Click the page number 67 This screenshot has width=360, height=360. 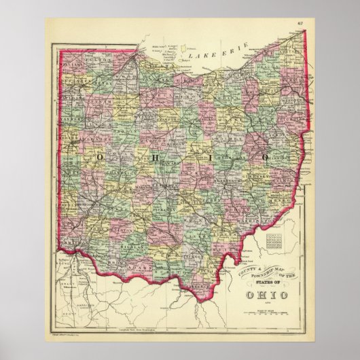(300, 25)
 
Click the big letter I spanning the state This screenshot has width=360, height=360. (208, 157)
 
